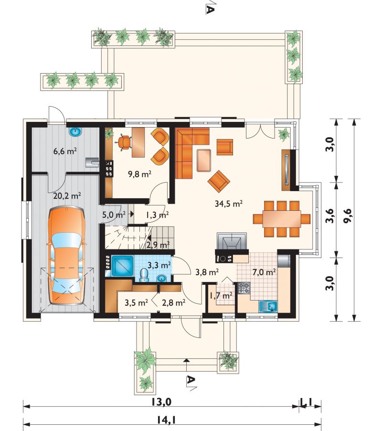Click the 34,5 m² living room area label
click(x=229, y=204)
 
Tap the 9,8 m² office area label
click(x=140, y=174)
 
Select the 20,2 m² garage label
click(x=67, y=196)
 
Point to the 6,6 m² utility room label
click(x=65, y=151)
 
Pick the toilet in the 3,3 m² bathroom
click(x=144, y=275)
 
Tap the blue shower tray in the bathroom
click(x=123, y=266)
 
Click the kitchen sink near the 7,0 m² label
click(x=268, y=306)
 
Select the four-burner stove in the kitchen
click(x=244, y=288)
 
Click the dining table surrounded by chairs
click(x=282, y=218)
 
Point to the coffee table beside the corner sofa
click(x=204, y=160)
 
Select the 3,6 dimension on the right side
click(x=330, y=216)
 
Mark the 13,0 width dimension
click(x=161, y=402)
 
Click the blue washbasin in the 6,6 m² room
click(x=75, y=132)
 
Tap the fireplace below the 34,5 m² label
click(x=233, y=241)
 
